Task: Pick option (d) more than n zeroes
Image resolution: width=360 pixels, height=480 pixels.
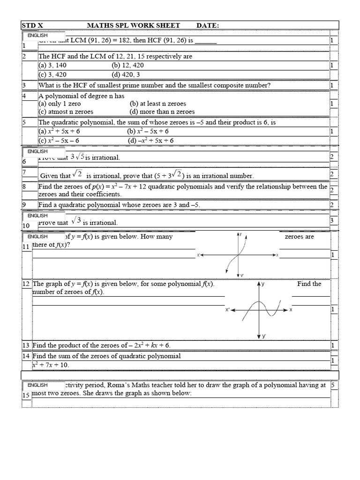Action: point(162,112)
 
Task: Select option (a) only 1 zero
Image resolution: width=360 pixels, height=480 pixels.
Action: point(60,104)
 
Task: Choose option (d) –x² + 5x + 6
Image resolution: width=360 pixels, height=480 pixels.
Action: point(150,140)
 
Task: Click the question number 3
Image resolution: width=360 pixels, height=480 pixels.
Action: point(24,85)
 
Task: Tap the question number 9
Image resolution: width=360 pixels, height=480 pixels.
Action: point(24,205)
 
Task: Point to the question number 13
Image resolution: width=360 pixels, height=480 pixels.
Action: point(26,345)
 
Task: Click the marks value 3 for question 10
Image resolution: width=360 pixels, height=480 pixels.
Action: point(331,220)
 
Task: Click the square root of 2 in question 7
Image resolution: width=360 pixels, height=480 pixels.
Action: point(78,174)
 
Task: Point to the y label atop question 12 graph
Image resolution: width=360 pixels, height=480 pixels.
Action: point(263,284)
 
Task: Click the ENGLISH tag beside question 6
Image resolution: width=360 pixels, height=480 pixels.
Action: point(37,151)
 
